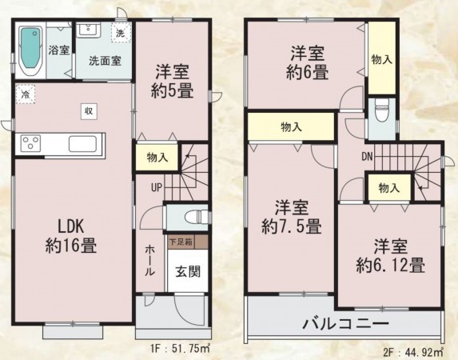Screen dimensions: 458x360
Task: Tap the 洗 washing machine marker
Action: click(x=121, y=33)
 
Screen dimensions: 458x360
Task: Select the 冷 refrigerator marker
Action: click(x=26, y=94)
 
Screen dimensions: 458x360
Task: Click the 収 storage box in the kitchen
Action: click(x=89, y=111)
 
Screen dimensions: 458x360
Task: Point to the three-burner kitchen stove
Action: click(x=30, y=143)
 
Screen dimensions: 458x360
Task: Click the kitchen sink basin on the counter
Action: click(x=82, y=144)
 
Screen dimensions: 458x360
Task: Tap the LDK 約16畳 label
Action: click(x=71, y=236)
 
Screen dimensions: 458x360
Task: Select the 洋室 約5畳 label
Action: click(x=173, y=81)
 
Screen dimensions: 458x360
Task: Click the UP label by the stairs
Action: click(x=157, y=187)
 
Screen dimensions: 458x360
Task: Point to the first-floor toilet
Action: click(x=197, y=218)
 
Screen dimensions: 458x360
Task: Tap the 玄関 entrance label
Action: click(x=188, y=271)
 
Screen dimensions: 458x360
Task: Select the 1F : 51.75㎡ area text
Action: click(x=181, y=348)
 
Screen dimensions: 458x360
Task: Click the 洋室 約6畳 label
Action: click(x=307, y=62)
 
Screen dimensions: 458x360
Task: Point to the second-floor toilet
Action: click(x=381, y=110)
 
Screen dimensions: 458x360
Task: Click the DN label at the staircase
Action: click(x=367, y=157)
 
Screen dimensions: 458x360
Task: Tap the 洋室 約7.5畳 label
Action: click(x=292, y=217)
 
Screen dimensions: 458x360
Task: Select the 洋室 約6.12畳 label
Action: click(x=390, y=256)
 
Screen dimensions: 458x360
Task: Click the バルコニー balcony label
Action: click(x=346, y=324)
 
